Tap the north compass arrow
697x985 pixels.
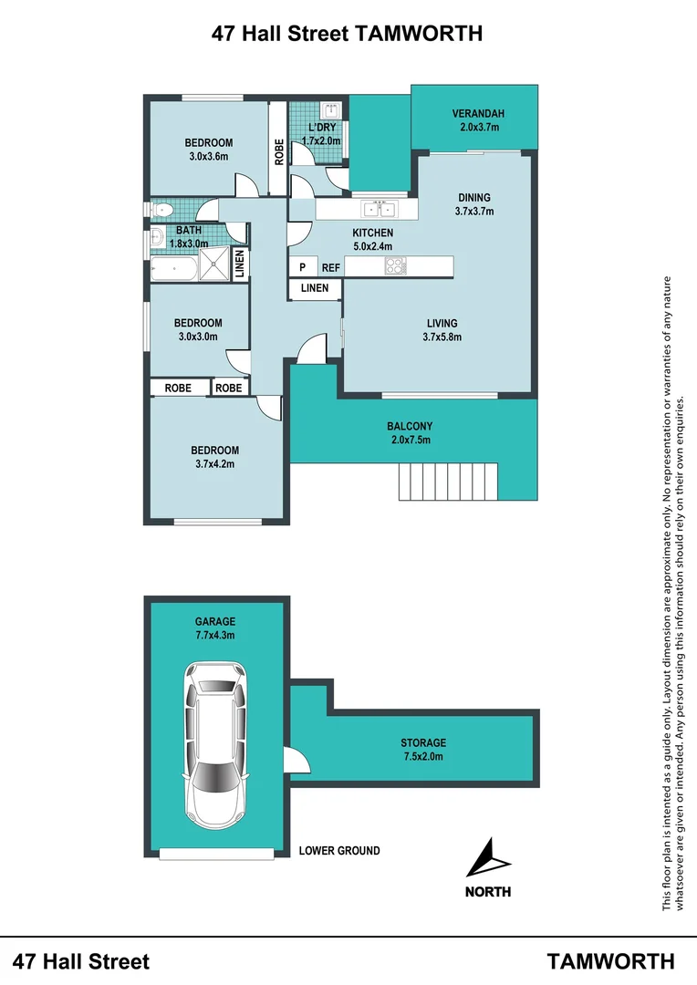488,860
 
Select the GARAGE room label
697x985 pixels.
214,628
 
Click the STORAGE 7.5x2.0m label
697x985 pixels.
423,750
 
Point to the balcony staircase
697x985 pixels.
448,481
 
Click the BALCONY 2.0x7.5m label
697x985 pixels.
409,432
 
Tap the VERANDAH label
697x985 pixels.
478,120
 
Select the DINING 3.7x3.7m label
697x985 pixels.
473,203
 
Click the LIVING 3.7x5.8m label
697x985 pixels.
442,329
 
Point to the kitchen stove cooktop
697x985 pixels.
395,266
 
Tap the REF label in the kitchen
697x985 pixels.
330,267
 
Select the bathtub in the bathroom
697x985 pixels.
173,268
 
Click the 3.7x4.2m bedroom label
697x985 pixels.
215,456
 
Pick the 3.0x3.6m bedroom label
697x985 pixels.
209,149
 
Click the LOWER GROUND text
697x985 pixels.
339,851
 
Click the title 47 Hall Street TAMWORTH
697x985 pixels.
347,34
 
